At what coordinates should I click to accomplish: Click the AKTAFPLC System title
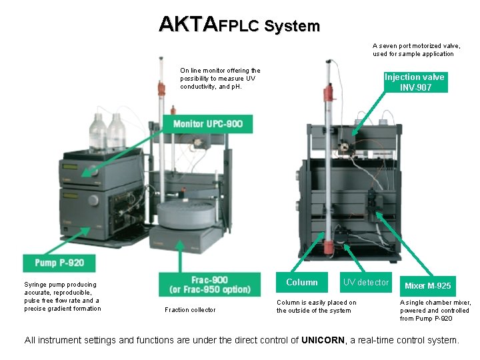(x=239, y=26)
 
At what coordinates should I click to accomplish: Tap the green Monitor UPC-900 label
(x=207, y=123)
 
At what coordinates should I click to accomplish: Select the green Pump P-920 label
(x=63, y=263)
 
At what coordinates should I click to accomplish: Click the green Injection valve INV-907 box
(x=415, y=82)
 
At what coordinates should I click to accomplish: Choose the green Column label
(x=301, y=283)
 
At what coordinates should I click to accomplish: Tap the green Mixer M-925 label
(x=427, y=285)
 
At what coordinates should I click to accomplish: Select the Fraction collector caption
(x=190, y=309)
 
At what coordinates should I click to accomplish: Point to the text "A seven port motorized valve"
(x=416, y=46)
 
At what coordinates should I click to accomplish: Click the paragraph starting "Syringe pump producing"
(x=62, y=297)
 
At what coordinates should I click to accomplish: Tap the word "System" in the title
(x=292, y=27)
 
